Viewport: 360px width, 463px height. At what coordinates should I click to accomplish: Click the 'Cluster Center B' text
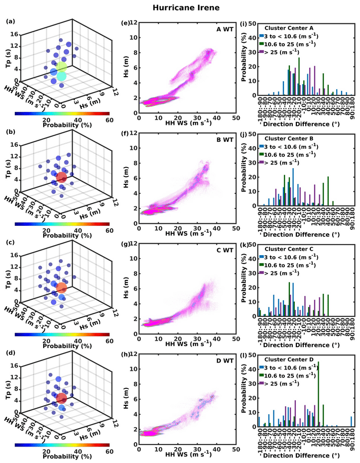[288, 139]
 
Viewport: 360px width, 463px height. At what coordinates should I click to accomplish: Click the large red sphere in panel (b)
[62, 178]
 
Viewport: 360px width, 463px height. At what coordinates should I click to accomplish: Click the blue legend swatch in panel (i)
[262, 36]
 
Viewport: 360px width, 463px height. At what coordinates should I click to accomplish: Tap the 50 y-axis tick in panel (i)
[253, 24]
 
